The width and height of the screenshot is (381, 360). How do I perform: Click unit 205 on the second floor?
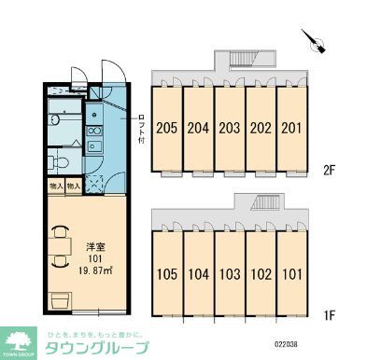point(167,128)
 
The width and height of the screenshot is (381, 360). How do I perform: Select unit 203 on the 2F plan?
point(230,128)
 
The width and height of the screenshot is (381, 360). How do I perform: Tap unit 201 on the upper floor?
point(292,128)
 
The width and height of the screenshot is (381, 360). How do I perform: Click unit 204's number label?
point(198,128)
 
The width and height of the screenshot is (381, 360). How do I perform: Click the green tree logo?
point(20,339)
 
